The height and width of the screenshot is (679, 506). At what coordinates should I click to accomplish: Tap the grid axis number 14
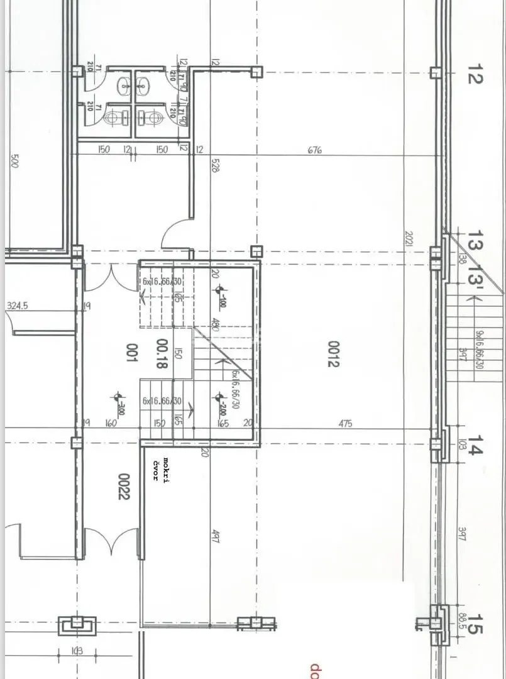click(475, 450)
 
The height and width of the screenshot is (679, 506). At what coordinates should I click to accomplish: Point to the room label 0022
click(124, 486)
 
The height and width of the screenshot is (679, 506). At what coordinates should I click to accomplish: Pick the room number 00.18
click(161, 355)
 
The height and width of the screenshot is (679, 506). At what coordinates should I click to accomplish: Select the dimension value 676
click(315, 150)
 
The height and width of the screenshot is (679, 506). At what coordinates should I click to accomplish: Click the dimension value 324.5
click(18, 306)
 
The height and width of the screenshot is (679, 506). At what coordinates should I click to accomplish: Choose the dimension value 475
click(345, 424)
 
